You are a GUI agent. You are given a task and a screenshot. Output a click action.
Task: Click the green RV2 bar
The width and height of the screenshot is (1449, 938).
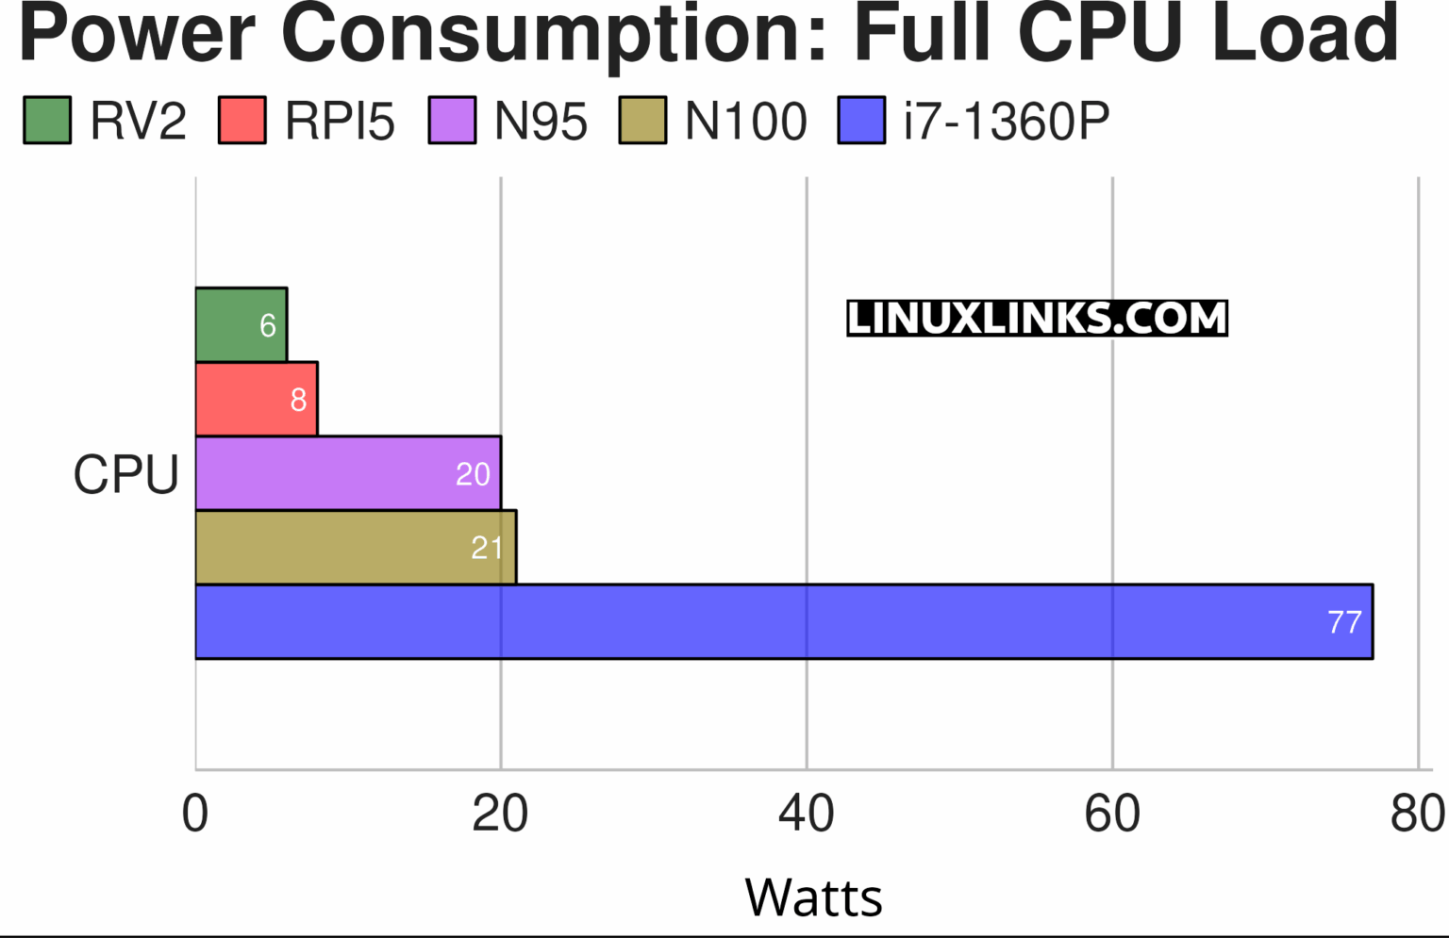pos(241,324)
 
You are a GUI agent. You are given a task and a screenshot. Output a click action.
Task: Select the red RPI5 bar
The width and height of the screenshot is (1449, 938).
pos(256,399)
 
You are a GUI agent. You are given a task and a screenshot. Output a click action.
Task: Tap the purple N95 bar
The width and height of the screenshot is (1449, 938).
pos(347,472)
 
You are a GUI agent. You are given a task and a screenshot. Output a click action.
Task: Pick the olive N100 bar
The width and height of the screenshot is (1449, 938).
pos(355,547)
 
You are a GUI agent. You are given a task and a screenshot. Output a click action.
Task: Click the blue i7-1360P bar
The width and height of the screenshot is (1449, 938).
pos(783,621)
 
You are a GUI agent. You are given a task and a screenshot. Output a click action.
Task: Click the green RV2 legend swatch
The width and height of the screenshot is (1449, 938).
pos(47,121)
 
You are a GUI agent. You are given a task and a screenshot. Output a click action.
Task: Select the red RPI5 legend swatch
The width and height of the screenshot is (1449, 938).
pos(241,121)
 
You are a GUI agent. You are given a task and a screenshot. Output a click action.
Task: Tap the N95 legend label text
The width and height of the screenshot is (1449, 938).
pos(541,122)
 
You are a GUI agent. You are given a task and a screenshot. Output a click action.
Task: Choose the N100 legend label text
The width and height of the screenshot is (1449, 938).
pos(745,122)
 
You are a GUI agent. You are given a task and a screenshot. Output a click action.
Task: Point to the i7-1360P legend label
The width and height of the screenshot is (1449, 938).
pos(1006,122)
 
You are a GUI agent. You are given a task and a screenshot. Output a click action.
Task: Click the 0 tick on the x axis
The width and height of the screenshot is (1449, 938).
pos(195,814)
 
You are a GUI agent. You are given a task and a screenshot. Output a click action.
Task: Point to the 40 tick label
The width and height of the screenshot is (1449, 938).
pos(806,814)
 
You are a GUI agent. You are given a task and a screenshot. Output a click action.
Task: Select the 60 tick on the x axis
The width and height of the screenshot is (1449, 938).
pos(1112,814)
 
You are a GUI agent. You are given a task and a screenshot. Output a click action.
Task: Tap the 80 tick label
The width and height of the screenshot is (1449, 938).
pos(1417,814)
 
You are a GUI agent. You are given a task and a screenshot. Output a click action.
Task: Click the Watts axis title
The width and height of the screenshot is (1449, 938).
pos(813,897)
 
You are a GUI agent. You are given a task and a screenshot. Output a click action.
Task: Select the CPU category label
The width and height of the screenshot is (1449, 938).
pos(125,474)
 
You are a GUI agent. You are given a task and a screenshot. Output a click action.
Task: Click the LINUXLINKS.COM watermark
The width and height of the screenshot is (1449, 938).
pos(1037,319)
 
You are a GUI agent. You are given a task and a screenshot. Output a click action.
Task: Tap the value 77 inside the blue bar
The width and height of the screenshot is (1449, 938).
pos(1344,622)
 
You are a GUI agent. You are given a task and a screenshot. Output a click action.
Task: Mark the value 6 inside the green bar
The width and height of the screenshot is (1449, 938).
pos(268,326)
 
